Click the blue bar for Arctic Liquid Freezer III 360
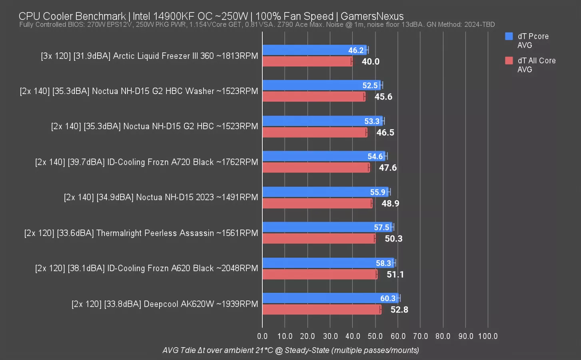[304, 50]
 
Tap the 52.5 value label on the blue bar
[370, 86]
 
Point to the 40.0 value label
[371, 62]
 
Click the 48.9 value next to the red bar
[390, 204]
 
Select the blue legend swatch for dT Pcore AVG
[509, 36]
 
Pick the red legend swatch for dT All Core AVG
[509, 61]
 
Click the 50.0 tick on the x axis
[375, 336]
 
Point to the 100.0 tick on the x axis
[488, 336]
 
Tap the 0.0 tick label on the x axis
[262, 336]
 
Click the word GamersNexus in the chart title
[372, 16]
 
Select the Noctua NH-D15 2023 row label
[161, 197]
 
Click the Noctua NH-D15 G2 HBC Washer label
[139, 91]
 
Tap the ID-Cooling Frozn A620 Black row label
[146, 268]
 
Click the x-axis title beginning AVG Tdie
[291, 350]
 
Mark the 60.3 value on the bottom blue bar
[388, 298]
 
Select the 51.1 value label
[395, 274]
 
